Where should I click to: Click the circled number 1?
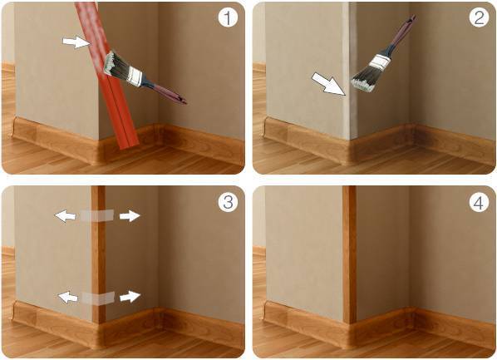coord(228,17)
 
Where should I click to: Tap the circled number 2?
coord(479,17)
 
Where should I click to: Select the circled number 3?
coord(228,201)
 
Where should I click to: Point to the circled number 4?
coord(479,201)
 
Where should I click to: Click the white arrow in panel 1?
coord(76,42)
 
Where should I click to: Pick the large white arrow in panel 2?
coord(328,84)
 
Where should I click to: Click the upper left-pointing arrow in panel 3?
coord(66,216)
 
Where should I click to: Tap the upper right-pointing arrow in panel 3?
coord(130,216)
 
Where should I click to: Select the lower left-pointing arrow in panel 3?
coord(68,297)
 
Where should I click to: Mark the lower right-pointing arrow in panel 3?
coord(130,297)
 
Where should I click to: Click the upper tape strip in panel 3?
coord(96,215)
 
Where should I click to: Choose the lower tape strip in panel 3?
coord(98,298)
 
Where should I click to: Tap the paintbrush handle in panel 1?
coord(165,91)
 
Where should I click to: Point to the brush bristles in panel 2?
coord(364,80)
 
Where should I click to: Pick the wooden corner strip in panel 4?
coord(349,254)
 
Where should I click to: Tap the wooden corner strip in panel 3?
coord(99,254)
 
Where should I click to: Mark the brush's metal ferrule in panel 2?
coord(380,62)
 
